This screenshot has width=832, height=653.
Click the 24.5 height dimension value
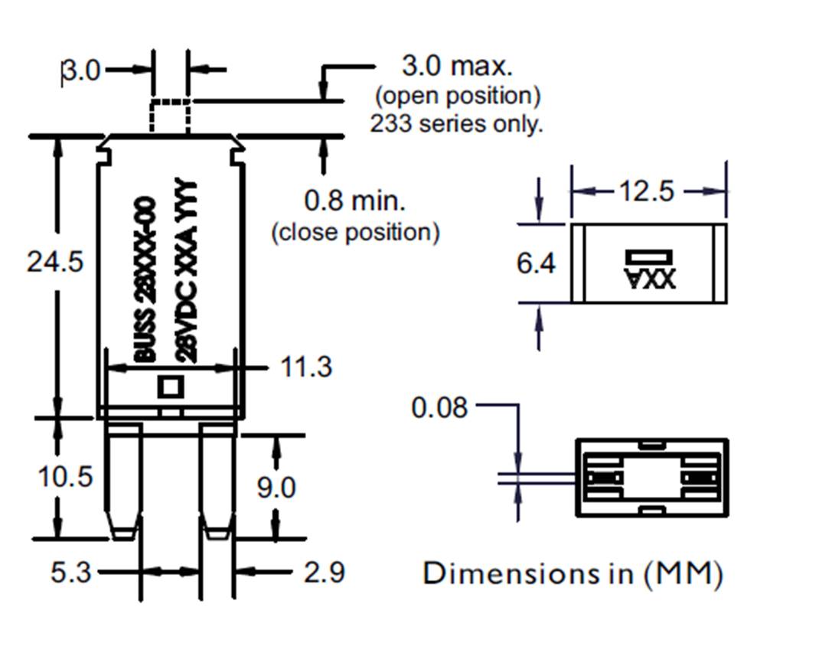coord(54,262)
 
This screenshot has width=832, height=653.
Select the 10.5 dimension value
coord(65,477)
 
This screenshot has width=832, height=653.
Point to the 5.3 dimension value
coord(70,572)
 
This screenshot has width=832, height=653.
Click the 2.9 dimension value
coord(325,572)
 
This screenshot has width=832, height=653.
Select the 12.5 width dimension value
coord(647,191)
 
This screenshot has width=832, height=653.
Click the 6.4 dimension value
coord(536,264)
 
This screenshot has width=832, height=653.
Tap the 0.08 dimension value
coord(439,407)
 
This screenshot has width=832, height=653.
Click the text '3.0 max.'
coord(457,67)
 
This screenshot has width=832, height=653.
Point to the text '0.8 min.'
coord(355,201)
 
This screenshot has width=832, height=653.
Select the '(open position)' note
coord(458,96)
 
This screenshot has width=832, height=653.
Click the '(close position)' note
coord(356,232)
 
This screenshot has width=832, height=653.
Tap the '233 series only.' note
coord(456,123)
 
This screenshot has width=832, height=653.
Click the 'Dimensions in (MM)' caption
coord(573,573)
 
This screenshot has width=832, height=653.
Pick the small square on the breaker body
coord(171,387)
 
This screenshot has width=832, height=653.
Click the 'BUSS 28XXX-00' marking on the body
coord(145,279)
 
